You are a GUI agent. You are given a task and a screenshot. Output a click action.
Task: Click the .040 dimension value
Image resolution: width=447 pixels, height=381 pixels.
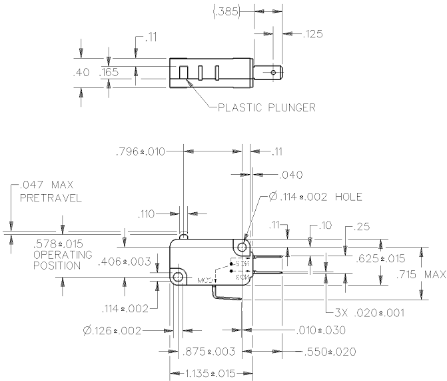click(290, 175)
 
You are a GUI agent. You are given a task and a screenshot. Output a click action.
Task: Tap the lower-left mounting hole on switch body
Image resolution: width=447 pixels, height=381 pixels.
click(178, 276)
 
